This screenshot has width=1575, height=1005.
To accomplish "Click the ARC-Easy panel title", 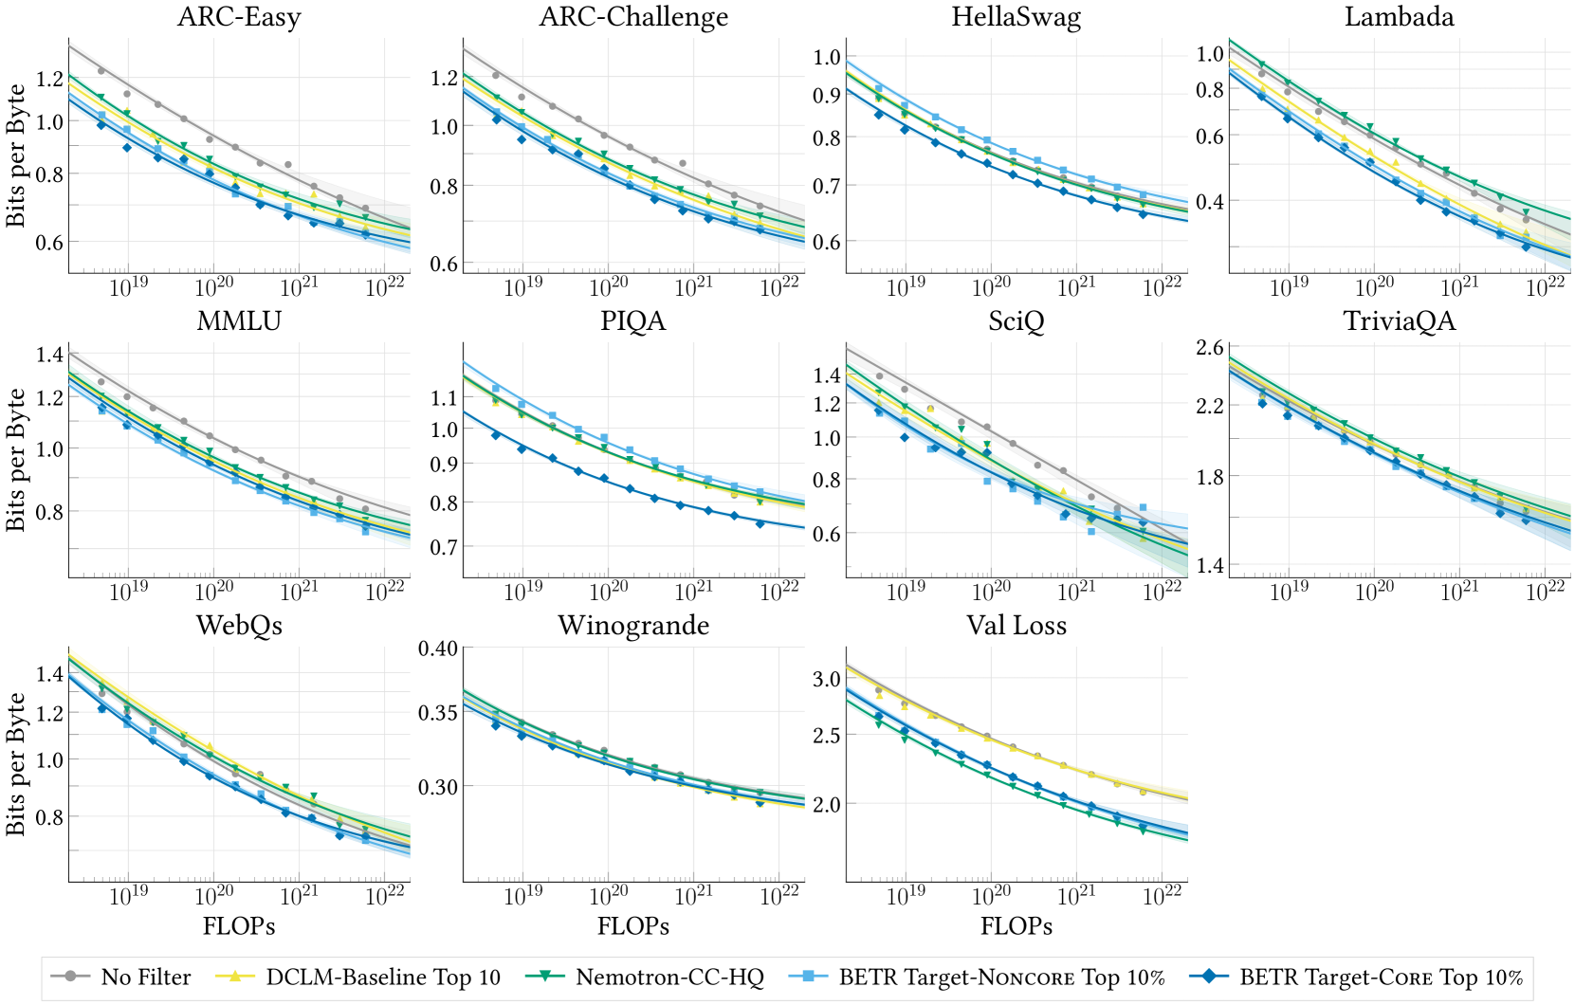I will click(x=239, y=17).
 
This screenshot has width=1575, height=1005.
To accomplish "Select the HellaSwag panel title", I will click(x=1016, y=17).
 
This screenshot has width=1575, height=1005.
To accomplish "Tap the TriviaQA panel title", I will click(x=1399, y=321).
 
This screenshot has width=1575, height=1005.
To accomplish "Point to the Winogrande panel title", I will click(x=633, y=626).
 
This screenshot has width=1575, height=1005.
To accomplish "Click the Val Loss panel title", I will click(x=1016, y=626).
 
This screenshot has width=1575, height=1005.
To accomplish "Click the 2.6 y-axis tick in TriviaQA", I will click(x=1209, y=348).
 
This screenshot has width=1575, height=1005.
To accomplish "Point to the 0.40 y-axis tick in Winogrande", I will click(x=438, y=649).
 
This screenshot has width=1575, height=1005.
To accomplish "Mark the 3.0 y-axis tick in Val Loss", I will click(x=827, y=679).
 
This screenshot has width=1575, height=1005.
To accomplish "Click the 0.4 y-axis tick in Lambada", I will click(x=1209, y=202).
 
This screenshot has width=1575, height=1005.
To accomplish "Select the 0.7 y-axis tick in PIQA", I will click(x=445, y=547).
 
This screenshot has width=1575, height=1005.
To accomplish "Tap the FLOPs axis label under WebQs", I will click(x=239, y=926).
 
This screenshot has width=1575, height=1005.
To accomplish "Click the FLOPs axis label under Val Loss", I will click(x=1016, y=926).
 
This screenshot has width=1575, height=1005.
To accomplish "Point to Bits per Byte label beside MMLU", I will click(x=16, y=460).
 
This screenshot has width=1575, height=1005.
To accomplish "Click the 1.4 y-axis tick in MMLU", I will click(x=49, y=355).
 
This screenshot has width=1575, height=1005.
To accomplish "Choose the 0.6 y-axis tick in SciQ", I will click(x=827, y=534).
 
